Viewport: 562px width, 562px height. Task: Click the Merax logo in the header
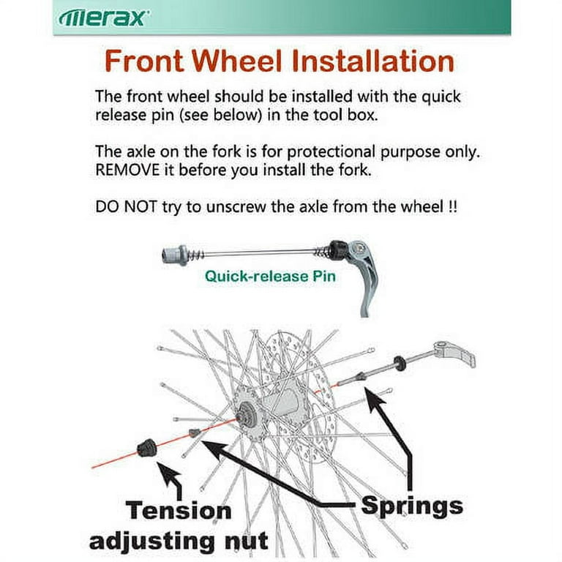click(103, 18)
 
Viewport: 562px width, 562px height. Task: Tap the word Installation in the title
click(373, 61)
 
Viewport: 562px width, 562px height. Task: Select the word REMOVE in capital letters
click(127, 170)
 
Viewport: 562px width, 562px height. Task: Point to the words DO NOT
click(126, 207)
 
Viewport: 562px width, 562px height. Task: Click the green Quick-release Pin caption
click(270, 277)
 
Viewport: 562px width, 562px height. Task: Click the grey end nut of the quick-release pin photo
click(175, 255)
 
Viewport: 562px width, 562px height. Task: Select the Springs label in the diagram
click(412, 507)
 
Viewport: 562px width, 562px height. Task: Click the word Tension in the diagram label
click(179, 510)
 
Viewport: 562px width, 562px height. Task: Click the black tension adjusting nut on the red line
click(146, 447)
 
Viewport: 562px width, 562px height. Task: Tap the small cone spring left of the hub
click(193, 432)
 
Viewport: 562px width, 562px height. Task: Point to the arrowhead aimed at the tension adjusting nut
click(168, 473)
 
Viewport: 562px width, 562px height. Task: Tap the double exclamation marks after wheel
click(453, 207)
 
